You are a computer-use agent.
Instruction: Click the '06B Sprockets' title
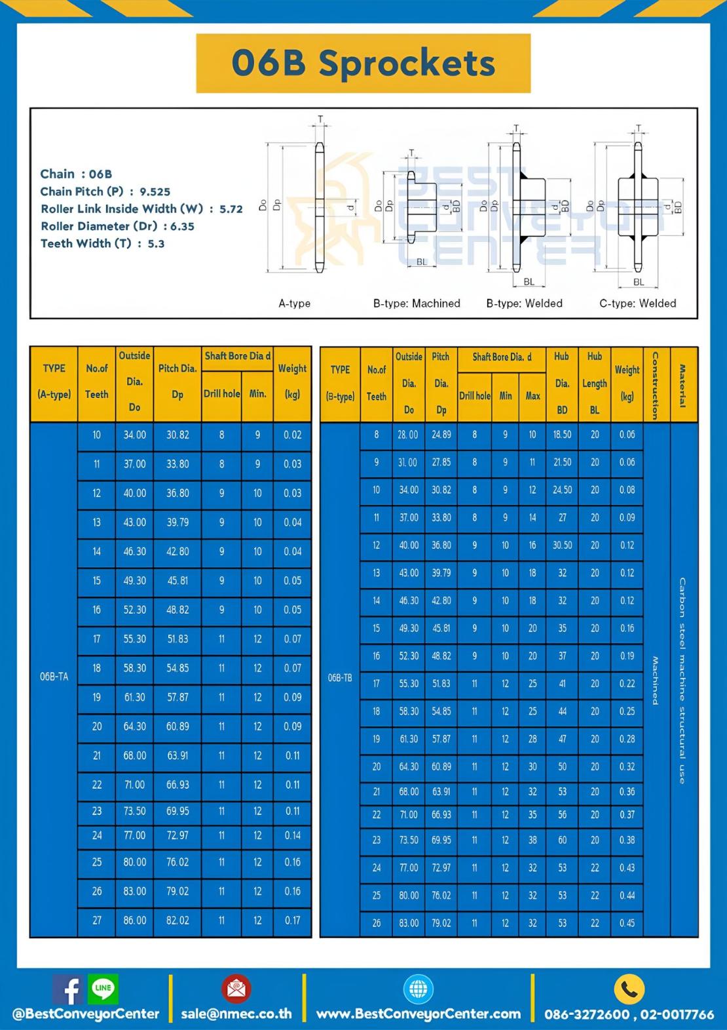(x=363, y=63)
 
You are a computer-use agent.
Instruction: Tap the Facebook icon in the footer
(x=67, y=989)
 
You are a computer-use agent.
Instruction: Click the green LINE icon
(x=103, y=988)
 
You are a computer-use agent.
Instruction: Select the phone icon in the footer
(x=629, y=989)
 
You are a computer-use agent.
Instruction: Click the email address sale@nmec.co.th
(x=236, y=1014)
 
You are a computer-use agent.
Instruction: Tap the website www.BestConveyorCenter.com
(x=419, y=1014)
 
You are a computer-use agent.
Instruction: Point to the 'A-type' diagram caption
(x=295, y=304)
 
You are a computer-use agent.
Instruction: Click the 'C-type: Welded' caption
(x=637, y=304)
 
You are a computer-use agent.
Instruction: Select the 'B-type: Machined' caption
(x=417, y=304)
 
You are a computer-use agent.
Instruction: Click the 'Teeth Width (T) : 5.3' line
(x=103, y=243)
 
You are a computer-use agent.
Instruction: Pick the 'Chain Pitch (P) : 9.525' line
(x=105, y=191)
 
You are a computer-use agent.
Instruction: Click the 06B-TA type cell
(x=54, y=677)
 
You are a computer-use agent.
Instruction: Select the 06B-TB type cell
(x=340, y=677)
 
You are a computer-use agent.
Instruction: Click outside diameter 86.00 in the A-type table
(x=135, y=921)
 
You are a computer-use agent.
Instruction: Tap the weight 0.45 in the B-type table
(x=627, y=923)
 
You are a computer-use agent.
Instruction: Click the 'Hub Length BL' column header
(x=594, y=384)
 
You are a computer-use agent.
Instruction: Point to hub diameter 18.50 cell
(x=562, y=435)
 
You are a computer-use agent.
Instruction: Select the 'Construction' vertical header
(x=655, y=385)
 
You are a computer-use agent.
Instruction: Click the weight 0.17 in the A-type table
(x=292, y=921)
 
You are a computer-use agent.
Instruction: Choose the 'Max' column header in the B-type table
(x=532, y=396)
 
